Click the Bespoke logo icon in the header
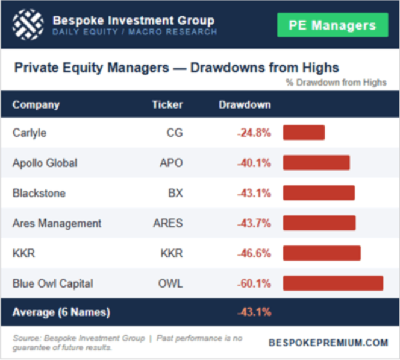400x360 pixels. pos(27,24)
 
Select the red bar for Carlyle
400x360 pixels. pos(304,133)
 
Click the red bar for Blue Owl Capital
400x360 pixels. pos(333,283)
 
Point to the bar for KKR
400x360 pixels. pos(322,253)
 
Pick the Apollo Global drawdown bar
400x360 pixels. pos(316,163)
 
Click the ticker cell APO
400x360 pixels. pos(171,163)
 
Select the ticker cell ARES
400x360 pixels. pos(168,223)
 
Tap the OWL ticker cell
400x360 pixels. pos(171,283)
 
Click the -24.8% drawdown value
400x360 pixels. pos(254,133)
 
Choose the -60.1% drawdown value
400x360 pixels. pos(254,283)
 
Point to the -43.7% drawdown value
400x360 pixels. pos(254,223)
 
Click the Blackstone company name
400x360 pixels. pos(39,193)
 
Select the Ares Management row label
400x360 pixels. pos(57,223)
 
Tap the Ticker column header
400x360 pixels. pos(167,104)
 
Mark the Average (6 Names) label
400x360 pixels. pos(61,312)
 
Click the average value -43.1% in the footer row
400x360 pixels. pos(254,312)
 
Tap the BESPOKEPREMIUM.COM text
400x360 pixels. pos(328,343)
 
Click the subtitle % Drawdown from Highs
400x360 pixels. pos(336,83)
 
